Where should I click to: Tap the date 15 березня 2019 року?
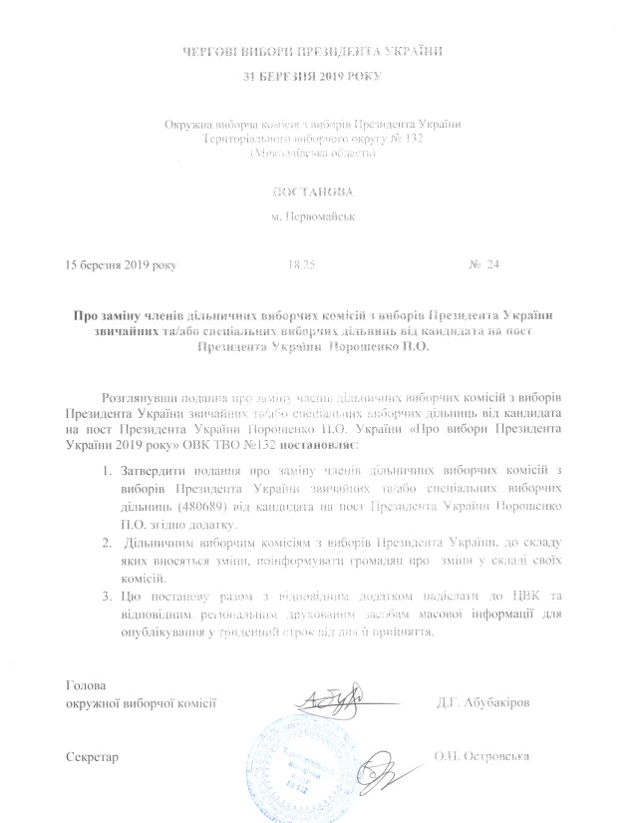120,264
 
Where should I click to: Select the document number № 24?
482,264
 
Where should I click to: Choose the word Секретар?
92,757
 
